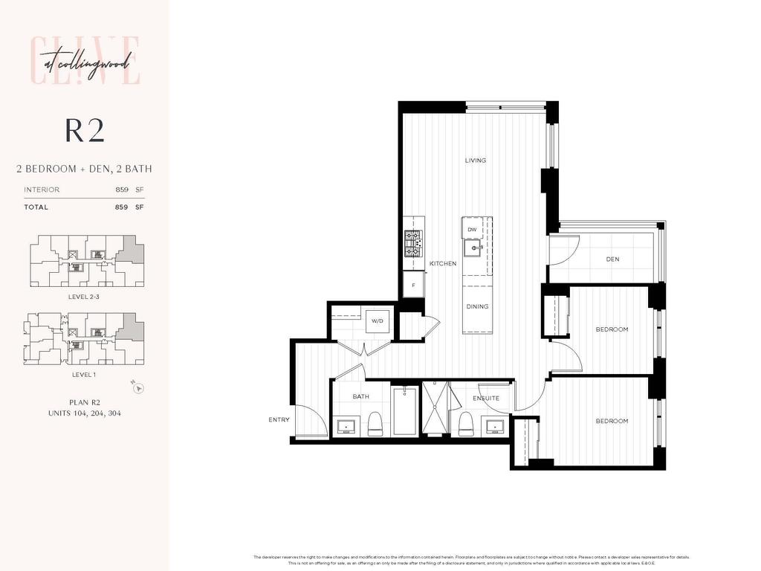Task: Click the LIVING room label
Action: (476, 161)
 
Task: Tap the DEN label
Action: (613, 259)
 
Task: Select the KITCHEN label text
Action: (443, 264)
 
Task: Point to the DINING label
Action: (477, 306)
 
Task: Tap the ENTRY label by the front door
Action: (279, 420)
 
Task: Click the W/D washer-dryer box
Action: (377, 321)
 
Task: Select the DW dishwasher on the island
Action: (472, 230)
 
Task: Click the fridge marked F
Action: (413, 284)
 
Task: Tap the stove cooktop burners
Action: (412, 239)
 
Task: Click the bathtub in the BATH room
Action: (405, 410)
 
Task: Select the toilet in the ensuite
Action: (466, 424)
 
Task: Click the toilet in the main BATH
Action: (375, 424)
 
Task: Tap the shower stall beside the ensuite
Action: (435, 408)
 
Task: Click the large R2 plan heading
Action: (85, 130)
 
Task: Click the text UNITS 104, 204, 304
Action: (84, 413)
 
